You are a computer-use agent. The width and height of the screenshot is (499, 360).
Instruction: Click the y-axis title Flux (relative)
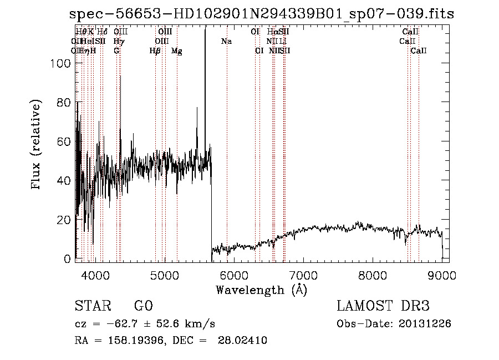coord(37,145)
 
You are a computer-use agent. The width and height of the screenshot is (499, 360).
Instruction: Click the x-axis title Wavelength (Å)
coord(261,290)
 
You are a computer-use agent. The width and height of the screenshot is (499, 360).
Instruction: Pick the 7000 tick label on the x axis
coord(303,275)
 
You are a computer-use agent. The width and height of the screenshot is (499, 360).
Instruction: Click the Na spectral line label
coord(226,42)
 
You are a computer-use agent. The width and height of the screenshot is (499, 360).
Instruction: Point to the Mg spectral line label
coord(176,51)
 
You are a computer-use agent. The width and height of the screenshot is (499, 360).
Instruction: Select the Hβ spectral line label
coord(155,51)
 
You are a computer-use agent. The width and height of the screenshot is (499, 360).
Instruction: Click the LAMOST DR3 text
coord(383,306)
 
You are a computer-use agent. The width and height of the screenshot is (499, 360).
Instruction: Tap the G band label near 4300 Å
coord(116,51)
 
